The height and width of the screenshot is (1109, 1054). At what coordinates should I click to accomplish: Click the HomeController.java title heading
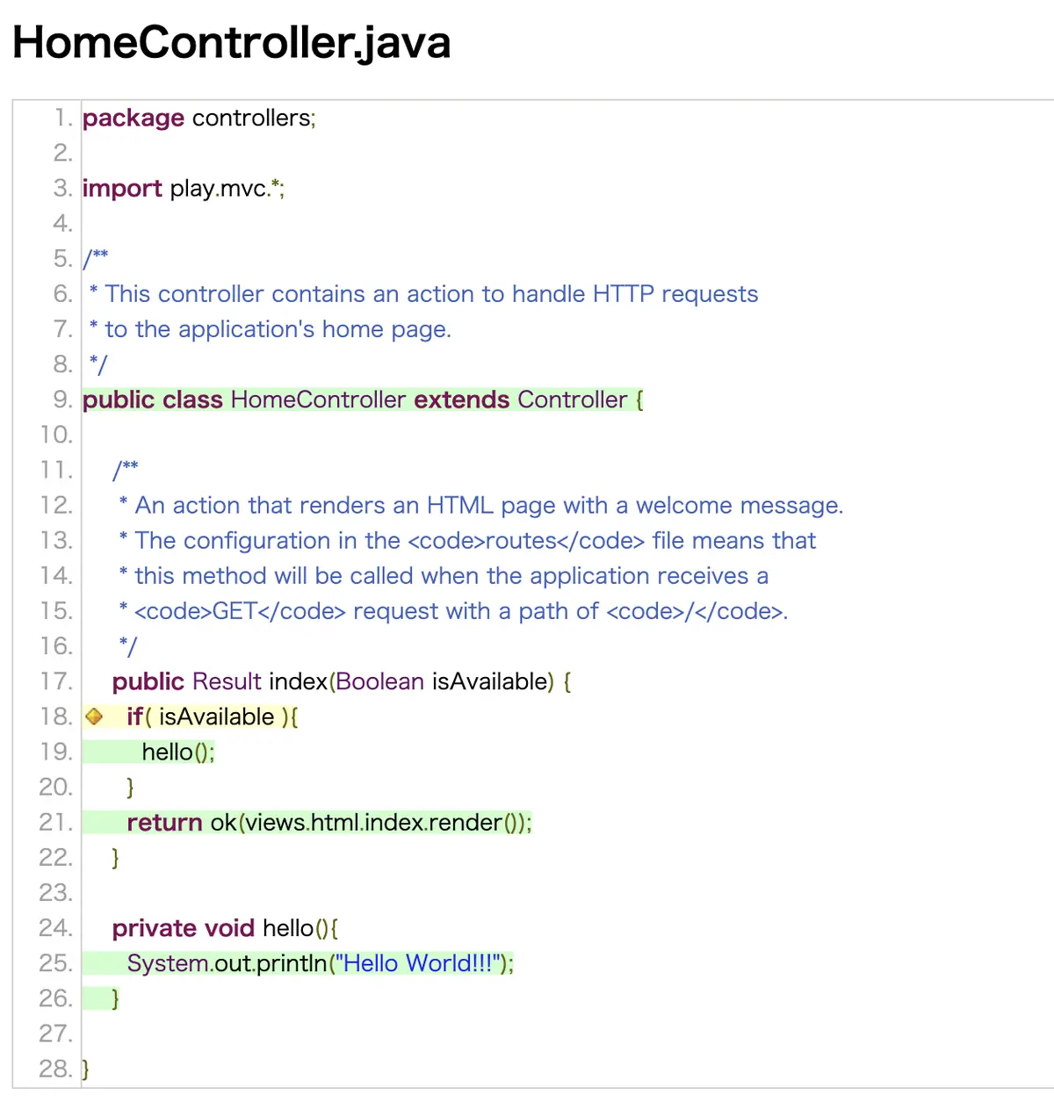(x=231, y=43)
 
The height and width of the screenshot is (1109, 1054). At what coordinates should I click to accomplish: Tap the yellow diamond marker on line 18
(x=94, y=717)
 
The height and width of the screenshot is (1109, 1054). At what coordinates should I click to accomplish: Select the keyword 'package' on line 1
(x=134, y=119)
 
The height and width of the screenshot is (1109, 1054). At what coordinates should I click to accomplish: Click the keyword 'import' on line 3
(x=122, y=189)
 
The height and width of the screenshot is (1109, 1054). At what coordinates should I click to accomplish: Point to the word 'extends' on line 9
(x=461, y=400)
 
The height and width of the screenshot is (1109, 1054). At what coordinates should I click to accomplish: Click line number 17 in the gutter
(x=56, y=681)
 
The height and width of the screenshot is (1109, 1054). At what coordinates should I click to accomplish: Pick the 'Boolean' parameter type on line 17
(x=379, y=681)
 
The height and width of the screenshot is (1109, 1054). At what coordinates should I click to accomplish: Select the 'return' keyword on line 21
(x=164, y=823)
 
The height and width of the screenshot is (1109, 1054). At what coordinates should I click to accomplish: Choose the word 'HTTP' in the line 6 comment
(x=623, y=294)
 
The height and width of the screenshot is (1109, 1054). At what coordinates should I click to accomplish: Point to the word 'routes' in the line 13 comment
(x=522, y=540)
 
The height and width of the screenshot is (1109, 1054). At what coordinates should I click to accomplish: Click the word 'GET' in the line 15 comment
(x=235, y=611)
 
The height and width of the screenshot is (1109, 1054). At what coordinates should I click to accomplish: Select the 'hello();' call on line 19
(x=178, y=752)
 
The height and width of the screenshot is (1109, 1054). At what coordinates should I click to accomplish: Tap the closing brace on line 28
(x=85, y=1069)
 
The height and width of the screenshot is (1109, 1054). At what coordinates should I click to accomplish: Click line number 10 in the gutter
(x=56, y=435)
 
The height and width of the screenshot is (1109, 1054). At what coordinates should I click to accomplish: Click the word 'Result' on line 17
(x=227, y=681)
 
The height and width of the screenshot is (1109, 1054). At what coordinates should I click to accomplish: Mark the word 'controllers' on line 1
(x=251, y=118)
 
